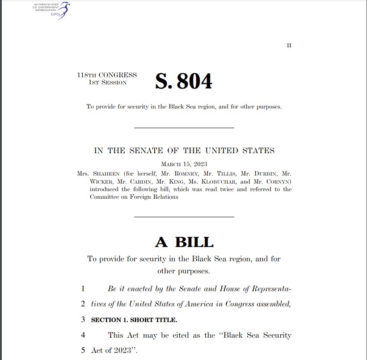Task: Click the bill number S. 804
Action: [183, 81]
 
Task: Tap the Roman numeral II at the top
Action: [289, 46]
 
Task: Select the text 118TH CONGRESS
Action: [107, 75]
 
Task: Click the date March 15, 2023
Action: [184, 164]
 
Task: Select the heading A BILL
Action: [184, 242]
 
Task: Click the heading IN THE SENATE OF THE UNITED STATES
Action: [184, 151]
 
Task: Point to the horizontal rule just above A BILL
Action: [184, 217]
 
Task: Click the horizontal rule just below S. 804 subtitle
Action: [184, 128]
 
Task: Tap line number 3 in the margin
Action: [83, 319]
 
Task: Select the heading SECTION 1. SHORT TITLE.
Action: [134, 320]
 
